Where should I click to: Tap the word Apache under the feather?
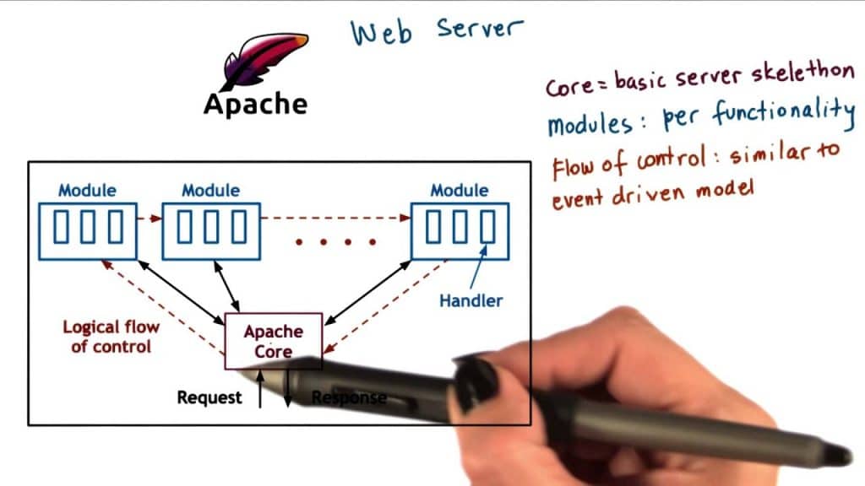[255, 104]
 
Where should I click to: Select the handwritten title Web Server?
[437, 30]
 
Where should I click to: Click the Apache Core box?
[273, 341]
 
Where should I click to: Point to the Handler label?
[471, 300]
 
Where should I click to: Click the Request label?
[209, 397]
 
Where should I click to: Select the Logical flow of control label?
[111, 336]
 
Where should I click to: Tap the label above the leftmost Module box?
[87, 191]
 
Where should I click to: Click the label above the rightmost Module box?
[460, 191]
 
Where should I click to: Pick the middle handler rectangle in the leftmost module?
[88, 226]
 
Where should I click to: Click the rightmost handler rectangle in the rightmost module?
[487, 226]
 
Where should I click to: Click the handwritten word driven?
[643, 197]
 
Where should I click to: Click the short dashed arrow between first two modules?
[149, 219]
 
